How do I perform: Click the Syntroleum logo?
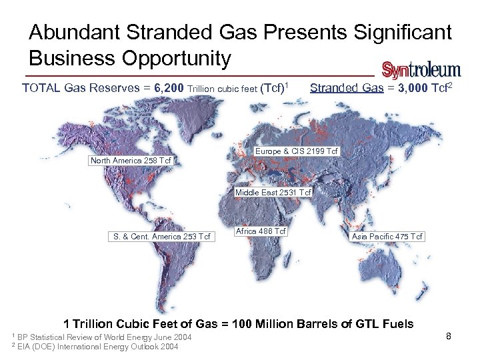pos(421,69)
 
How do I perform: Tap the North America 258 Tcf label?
pos(131,161)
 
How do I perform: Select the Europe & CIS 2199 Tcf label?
pos(297,151)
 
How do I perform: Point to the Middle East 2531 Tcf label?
pos(273,193)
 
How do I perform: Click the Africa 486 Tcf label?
pos(261,231)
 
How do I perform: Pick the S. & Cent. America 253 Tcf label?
pos(161,237)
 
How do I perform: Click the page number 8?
pos(449,337)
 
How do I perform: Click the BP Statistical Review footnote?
pos(102,337)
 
